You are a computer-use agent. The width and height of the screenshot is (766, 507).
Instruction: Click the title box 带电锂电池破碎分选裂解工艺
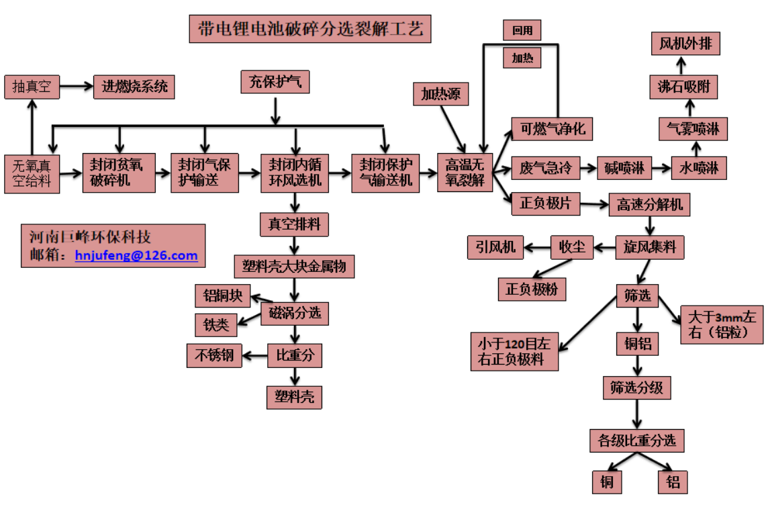point(309,30)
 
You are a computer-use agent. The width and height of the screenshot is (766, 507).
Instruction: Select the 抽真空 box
point(32,87)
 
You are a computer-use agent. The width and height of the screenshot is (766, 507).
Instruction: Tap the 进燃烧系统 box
point(134,87)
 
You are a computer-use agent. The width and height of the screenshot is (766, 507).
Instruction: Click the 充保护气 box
point(275,83)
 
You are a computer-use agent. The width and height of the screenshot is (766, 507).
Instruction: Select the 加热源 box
point(440,95)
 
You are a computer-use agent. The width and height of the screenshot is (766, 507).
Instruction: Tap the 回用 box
point(522,30)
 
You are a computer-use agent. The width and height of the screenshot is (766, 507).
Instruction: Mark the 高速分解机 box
point(649,204)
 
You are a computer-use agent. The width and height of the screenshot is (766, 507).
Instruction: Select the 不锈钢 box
point(214,355)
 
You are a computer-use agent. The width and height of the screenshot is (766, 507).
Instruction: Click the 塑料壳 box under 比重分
point(294,397)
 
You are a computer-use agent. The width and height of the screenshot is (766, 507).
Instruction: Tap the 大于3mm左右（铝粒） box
point(722,325)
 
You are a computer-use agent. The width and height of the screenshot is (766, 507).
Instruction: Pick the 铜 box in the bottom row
point(607,481)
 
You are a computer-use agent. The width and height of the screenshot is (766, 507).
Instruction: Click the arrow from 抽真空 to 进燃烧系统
point(77,87)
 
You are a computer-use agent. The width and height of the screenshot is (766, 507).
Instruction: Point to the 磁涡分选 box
point(295,312)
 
